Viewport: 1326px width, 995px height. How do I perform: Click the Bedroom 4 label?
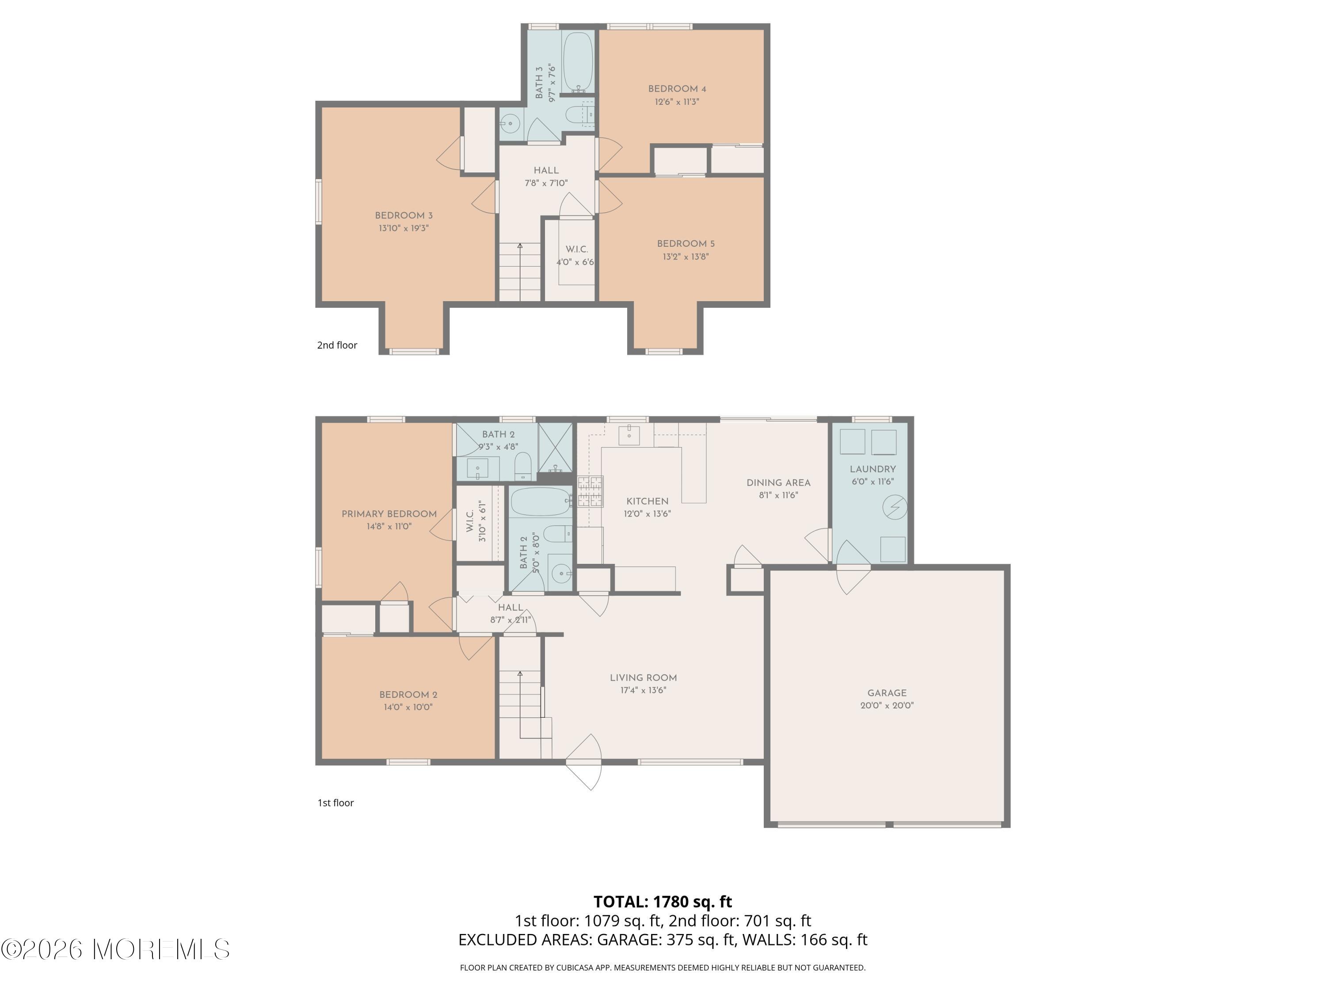(x=677, y=89)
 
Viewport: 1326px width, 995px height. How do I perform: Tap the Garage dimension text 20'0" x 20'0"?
(x=887, y=705)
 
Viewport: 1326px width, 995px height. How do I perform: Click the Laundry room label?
(x=872, y=469)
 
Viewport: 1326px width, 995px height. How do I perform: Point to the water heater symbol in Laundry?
(x=895, y=507)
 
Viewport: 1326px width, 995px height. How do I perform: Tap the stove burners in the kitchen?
(x=591, y=491)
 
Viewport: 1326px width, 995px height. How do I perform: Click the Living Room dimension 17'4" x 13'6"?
(x=643, y=690)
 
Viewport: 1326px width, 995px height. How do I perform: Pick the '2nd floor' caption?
(x=337, y=345)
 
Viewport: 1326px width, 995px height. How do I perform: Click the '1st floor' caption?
(x=335, y=803)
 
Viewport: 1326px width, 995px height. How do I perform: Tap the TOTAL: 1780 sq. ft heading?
(x=663, y=901)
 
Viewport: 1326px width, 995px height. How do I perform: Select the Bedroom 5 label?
(x=686, y=244)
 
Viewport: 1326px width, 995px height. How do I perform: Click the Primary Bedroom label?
(x=389, y=514)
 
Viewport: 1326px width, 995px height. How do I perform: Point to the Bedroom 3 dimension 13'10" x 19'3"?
(x=404, y=228)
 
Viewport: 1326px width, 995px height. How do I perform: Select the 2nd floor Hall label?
(x=546, y=170)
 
